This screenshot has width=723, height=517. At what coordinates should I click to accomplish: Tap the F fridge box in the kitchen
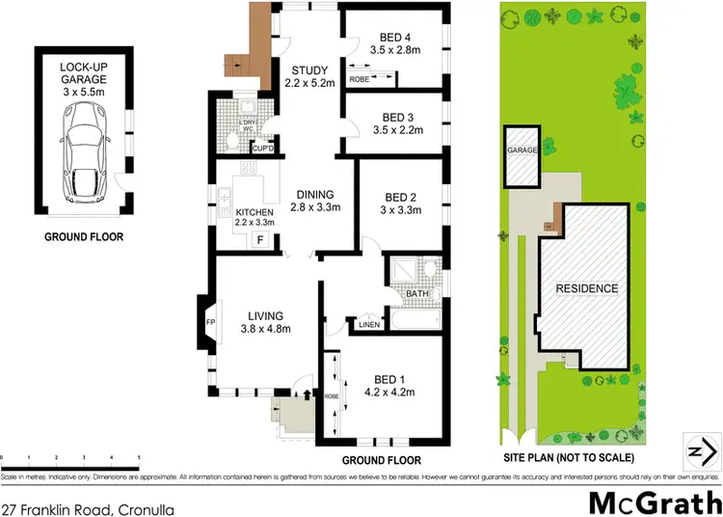259,240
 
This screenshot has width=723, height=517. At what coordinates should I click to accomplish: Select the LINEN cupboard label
367,323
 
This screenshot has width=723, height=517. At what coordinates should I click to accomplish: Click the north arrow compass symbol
701,450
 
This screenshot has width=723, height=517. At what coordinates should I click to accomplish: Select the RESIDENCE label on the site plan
586,288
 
